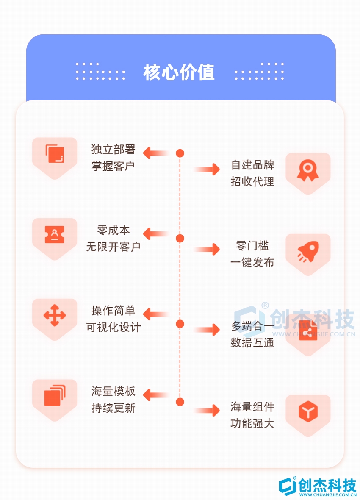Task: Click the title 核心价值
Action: coord(179,72)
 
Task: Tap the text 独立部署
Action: coord(113,149)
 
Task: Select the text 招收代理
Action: coord(252,181)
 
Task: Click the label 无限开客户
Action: coord(113,247)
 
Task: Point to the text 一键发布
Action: coord(252,262)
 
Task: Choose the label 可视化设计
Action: coord(113,327)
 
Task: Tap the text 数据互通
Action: coord(252,342)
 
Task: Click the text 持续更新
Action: coord(113,408)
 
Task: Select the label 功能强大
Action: coord(252,423)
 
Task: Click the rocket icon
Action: coord(308,251)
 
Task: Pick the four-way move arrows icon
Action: coord(55,315)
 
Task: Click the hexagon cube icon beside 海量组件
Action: coord(308,411)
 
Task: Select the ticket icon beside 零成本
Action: coord(55,234)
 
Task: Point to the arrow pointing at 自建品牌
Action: coord(207,169)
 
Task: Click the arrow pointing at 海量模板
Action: coord(155,395)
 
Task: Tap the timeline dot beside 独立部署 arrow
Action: coord(180,153)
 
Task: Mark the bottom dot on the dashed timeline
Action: coord(180,402)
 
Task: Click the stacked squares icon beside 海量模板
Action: coord(55,395)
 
